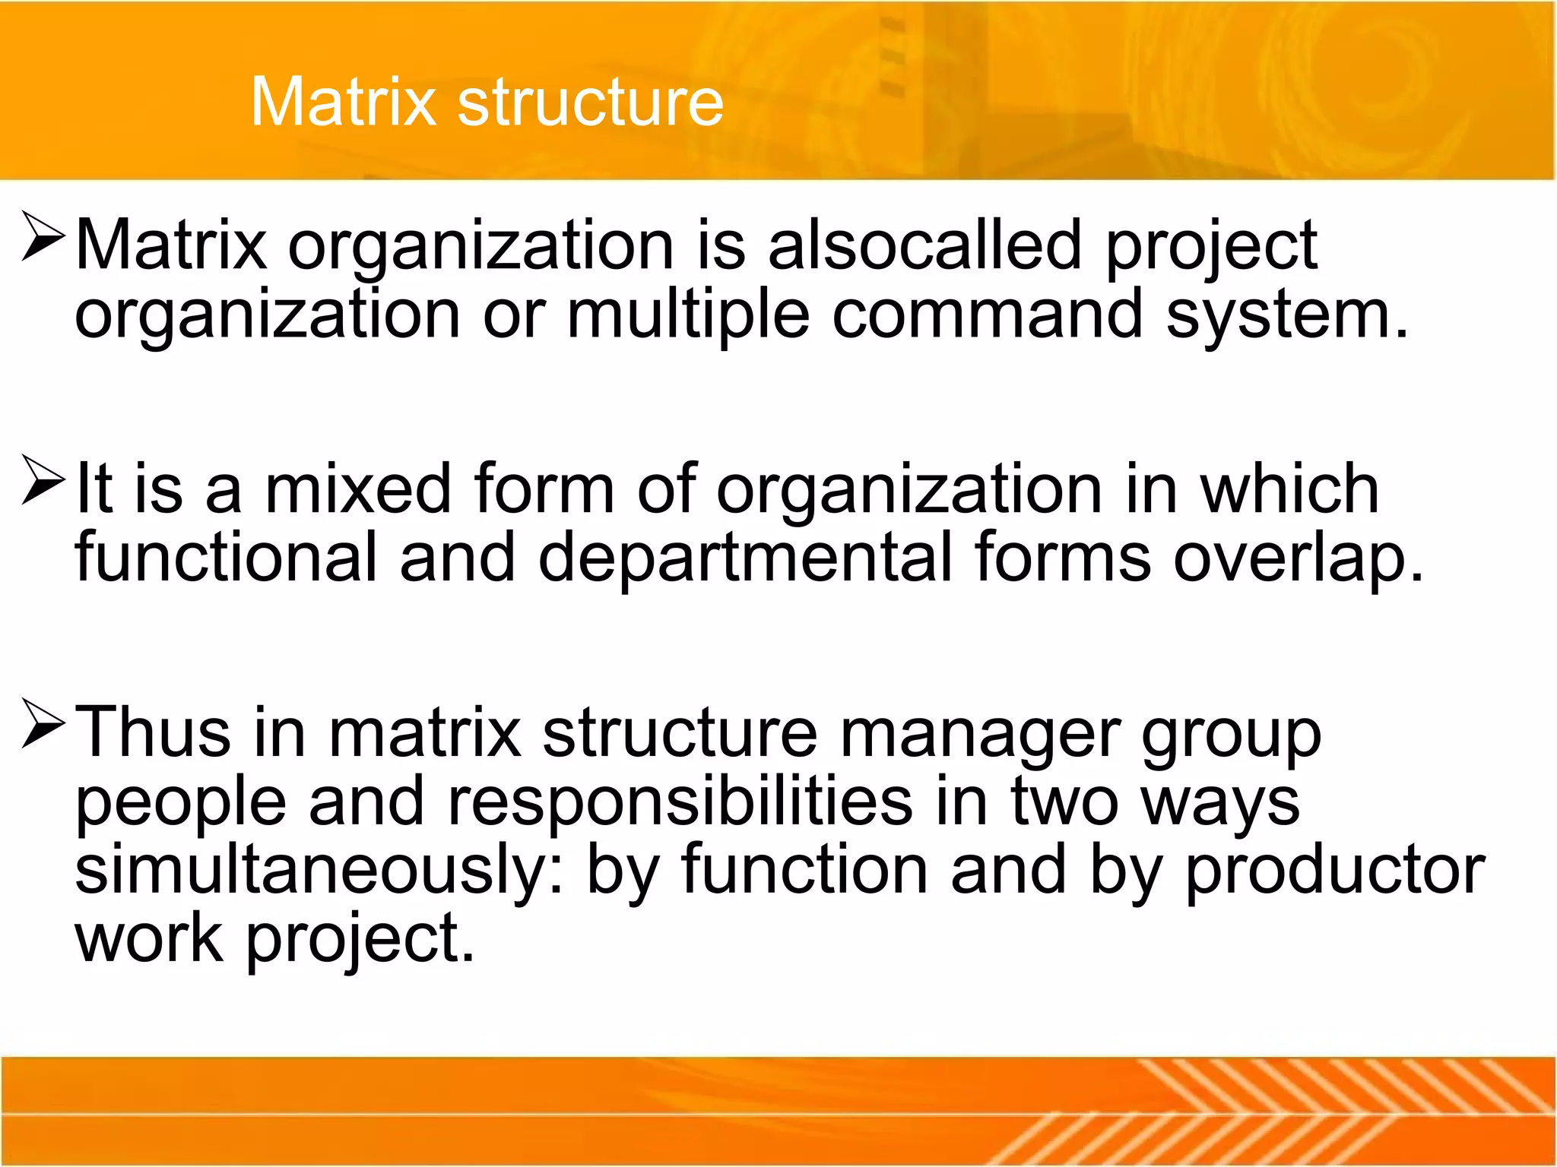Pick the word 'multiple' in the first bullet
click(688, 315)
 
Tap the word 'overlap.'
click(1297, 559)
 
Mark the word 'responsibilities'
click(680, 801)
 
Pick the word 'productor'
click(1335, 871)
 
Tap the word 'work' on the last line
click(149, 938)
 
